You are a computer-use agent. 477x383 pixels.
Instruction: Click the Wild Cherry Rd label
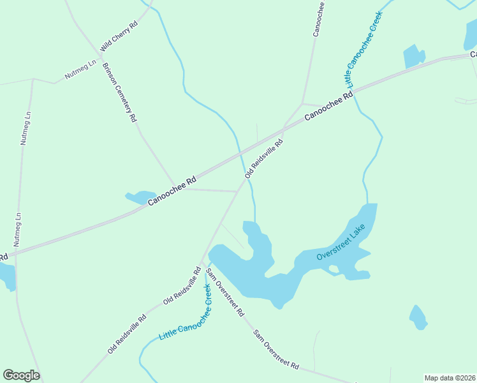click(119, 36)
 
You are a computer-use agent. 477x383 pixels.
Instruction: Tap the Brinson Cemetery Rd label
click(119, 93)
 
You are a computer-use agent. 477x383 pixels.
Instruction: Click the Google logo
click(21, 375)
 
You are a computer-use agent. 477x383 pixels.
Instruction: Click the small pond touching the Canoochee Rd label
click(141, 197)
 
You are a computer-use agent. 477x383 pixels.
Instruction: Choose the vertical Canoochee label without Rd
click(319, 19)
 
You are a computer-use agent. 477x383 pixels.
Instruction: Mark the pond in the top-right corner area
click(414, 57)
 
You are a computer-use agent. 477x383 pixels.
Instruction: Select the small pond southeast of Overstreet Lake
click(418, 317)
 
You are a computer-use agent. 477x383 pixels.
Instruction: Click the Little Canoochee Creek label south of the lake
click(186, 313)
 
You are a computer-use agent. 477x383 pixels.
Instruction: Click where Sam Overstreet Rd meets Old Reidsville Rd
click(202, 262)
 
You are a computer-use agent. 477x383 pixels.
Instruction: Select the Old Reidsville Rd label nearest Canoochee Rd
click(263, 158)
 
